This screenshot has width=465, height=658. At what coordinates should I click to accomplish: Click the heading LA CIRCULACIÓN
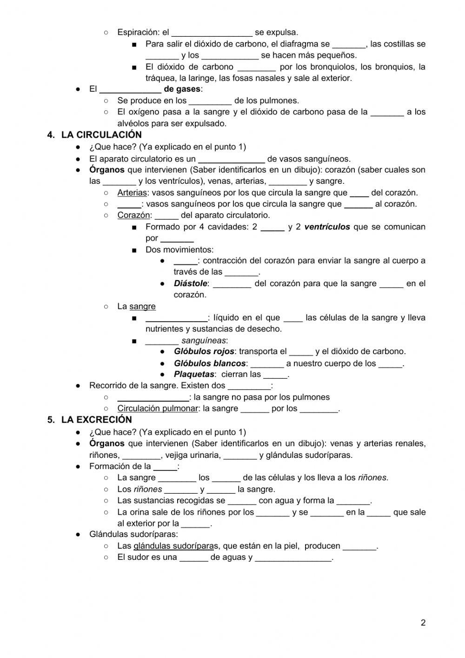point(101,135)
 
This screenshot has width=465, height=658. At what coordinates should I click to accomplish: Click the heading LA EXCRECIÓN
point(96,420)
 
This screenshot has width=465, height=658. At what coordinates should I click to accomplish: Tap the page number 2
point(423,623)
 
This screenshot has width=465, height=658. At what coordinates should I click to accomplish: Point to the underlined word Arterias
point(132,193)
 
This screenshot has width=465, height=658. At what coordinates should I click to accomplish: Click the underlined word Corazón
point(133,215)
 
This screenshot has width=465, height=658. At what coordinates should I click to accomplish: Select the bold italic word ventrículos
point(327,227)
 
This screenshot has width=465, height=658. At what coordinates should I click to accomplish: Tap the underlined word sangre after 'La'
point(142,306)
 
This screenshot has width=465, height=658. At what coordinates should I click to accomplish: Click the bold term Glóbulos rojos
point(204,351)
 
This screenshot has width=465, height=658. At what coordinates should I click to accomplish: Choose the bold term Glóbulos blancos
point(210,363)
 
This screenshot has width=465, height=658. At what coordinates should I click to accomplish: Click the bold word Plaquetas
point(194,375)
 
